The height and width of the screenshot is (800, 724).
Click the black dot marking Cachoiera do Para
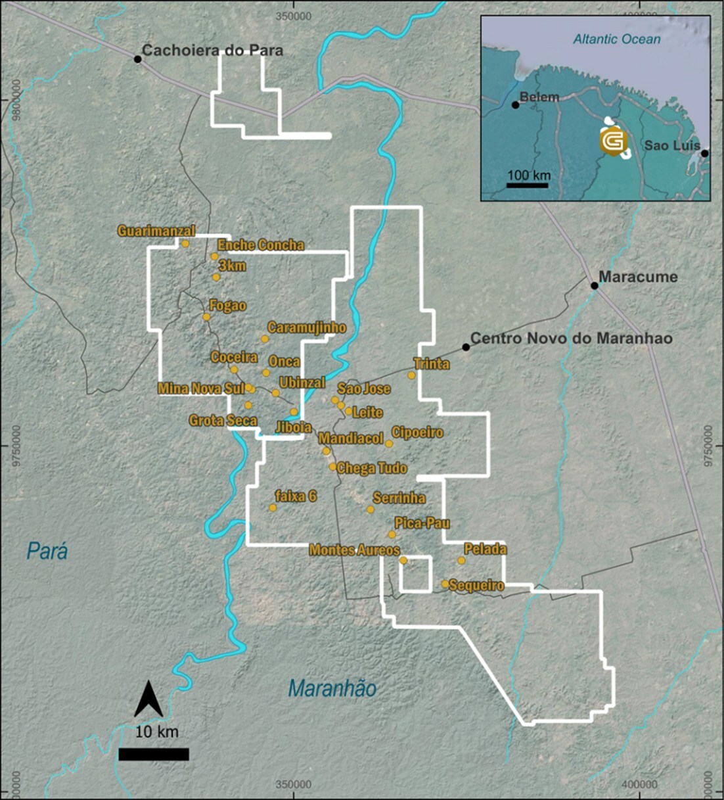click(x=138, y=59)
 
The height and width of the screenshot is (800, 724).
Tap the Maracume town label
click(x=637, y=277)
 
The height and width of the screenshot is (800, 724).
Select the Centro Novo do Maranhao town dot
click(x=466, y=346)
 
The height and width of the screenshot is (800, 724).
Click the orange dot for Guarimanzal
click(x=185, y=244)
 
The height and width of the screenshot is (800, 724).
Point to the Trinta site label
click(x=432, y=364)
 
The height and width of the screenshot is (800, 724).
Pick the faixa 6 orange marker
click(x=273, y=508)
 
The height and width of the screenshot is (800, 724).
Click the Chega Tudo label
click(x=372, y=468)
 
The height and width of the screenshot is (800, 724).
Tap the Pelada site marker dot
click(x=461, y=561)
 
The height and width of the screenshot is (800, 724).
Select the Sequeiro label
click(x=478, y=586)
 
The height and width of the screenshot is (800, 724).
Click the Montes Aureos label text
click(x=354, y=550)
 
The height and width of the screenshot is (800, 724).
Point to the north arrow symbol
click(x=148, y=699)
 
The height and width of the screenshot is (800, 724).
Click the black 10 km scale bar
click(x=154, y=754)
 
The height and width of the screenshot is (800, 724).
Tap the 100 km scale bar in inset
click(x=527, y=185)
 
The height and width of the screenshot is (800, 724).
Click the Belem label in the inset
click(x=539, y=97)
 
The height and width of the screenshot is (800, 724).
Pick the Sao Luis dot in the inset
click(x=704, y=153)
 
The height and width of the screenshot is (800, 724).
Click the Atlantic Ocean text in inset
click(x=617, y=39)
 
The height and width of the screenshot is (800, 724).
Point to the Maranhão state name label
click(x=332, y=689)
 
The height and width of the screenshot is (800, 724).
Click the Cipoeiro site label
click(x=417, y=433)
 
